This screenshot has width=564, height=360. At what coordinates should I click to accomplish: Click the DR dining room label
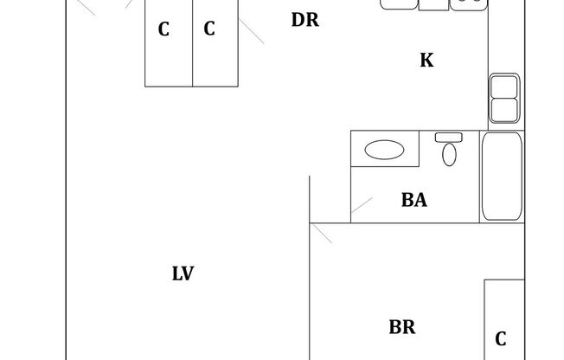click(x=305, y=20)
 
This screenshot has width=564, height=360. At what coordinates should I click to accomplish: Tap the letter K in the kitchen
click(x=426, y=61)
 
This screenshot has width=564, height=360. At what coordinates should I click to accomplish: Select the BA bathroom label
click(x=414, y=201)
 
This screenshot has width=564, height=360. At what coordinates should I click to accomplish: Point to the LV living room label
click(x=183, y=274)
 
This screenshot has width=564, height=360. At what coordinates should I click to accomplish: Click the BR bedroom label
click(x=402, y=327)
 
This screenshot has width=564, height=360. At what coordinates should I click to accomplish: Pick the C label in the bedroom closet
click(x=501, y=338)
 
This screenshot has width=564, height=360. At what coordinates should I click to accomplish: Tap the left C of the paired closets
click(x=163, y=29)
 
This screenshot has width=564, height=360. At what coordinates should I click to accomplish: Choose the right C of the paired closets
click(x=209, y=29)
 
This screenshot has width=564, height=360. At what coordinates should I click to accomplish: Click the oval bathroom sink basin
click(x=384, y=150)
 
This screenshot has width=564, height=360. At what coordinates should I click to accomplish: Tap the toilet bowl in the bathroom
click(x=449, y=154)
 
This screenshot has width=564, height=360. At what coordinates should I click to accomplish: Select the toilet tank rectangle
click(x=449, y=137)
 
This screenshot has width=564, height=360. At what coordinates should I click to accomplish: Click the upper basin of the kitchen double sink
click(x=504, y=87)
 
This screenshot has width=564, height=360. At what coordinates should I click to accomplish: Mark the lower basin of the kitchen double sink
click(x=504, y=110)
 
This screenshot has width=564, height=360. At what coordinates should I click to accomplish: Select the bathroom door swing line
click(x=362, y=209)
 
